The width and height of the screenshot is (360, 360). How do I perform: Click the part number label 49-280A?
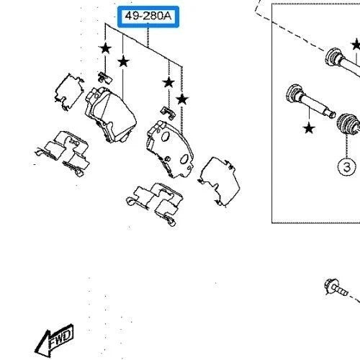(148, 17)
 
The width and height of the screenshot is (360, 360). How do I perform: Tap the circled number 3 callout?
(346, 166)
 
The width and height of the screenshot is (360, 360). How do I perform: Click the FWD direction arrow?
(54, 341)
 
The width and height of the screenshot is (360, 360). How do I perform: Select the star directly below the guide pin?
(309, 128)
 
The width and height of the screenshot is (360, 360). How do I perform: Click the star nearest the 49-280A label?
(123, 61)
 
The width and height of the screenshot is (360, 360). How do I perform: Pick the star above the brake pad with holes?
(182, 99)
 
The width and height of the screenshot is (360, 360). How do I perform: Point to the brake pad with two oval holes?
(170, 150)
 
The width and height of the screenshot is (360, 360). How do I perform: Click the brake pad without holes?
(111, 114)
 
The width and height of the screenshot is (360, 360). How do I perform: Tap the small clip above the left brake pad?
(105, 78)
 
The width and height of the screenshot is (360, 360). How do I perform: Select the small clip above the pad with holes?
(168, 112)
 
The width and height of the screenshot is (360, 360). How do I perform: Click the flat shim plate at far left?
(69, 91)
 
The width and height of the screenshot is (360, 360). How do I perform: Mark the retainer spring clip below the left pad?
(63, 153)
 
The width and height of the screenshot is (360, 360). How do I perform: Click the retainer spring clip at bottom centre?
(156, 203)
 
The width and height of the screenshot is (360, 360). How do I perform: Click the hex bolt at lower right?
(336, 287)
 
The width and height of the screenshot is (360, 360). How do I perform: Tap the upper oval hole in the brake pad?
(165, 137)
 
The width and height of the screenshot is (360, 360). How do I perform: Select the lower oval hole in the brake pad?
(184, 159)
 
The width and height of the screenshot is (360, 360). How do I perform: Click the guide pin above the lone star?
(310, 100)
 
